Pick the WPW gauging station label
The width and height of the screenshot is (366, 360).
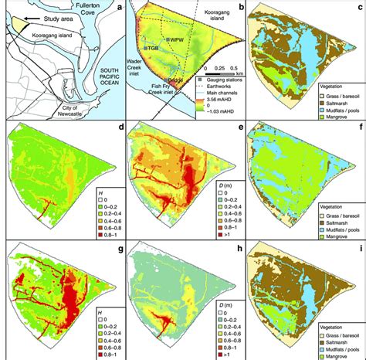tap(175, 39)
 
